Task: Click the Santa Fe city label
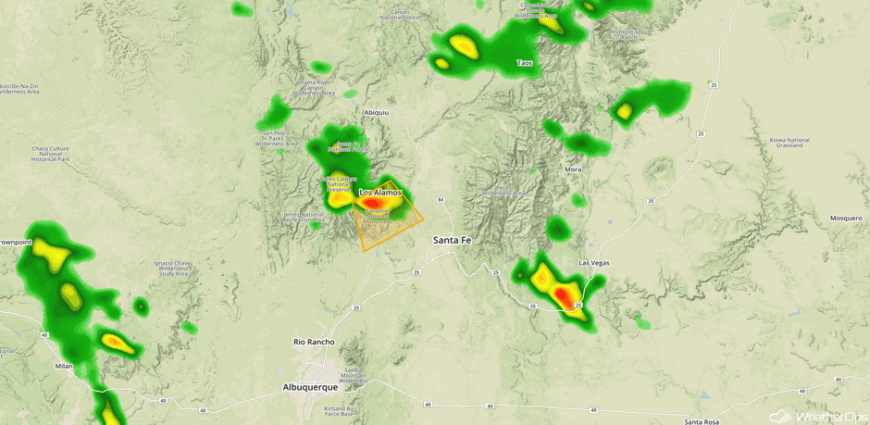pyautogui.click(x=453, y=240)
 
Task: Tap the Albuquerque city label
pyautogui.click(x=310, y=387)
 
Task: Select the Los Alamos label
pyautogui.click(x=380, y=192)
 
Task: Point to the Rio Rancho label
pyautogui.click(x=313, y=342)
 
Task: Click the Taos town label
pyautogui.click(x=525, y=63)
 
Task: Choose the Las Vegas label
pyautogui.click(x=594, y=263)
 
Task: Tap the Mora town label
pyautogui.click(x=574, y=169)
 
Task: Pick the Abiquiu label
pyautogui.click(x=377, y=113)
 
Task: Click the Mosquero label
pyautogui.click(x=845, y=219)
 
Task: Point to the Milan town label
pyautogui.click(x=63, y=366)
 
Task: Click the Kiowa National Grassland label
pyautogui.click(x=789, y=144)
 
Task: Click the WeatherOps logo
pyautogui.click(x=815, y=416)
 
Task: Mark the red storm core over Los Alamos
pyautogui.click(x=371, y=202)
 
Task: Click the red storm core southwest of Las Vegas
pyautogui.click(x=563, y=296)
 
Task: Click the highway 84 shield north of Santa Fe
pyautogui.click(x=441, y=199)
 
